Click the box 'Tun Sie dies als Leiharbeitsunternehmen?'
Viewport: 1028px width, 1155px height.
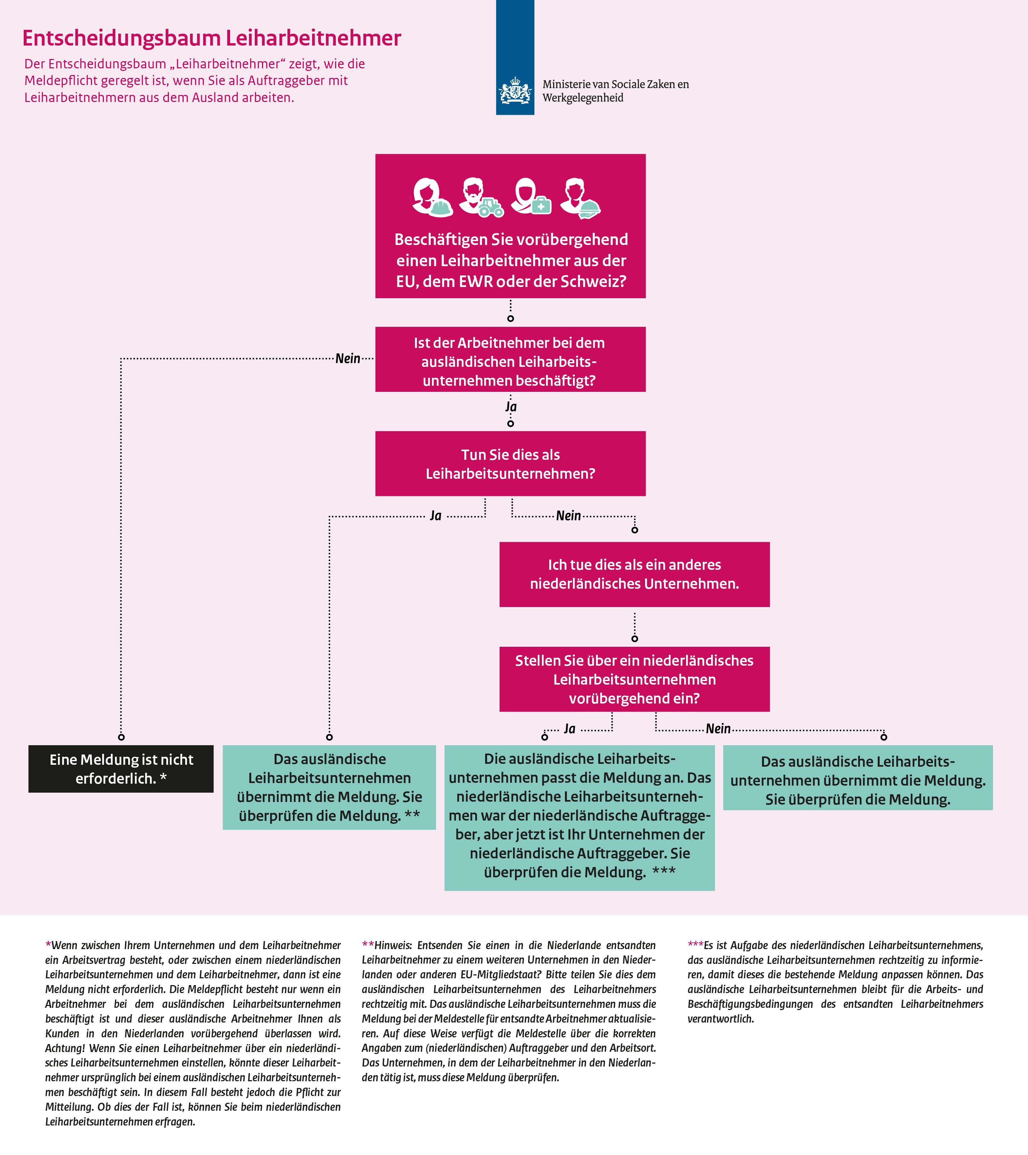click(x=510, y=464)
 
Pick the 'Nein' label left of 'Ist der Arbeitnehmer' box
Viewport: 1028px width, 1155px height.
click(x=348, y=358)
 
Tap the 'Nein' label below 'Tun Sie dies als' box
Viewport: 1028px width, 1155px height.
click(x=568, y=515)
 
